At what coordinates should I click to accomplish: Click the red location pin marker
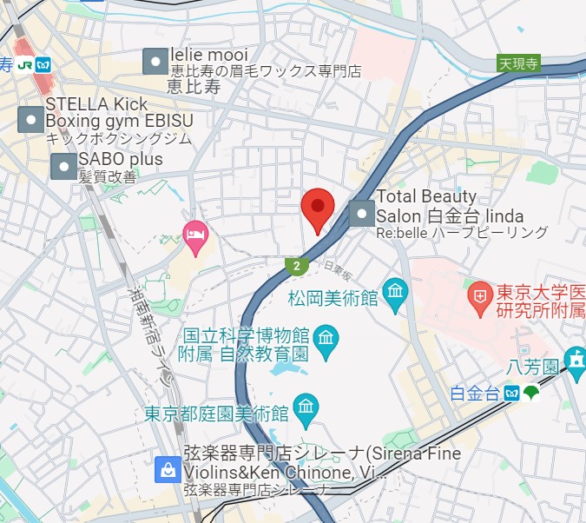317,207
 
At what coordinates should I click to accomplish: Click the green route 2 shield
297,266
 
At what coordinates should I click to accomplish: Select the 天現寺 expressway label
518,63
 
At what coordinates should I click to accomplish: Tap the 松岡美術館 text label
333,298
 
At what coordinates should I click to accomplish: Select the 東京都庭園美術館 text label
216,413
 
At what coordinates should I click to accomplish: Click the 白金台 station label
475,394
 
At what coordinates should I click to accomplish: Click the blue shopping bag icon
167,470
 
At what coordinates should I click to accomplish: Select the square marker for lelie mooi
155,61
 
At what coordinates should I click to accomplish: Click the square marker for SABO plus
64,166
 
